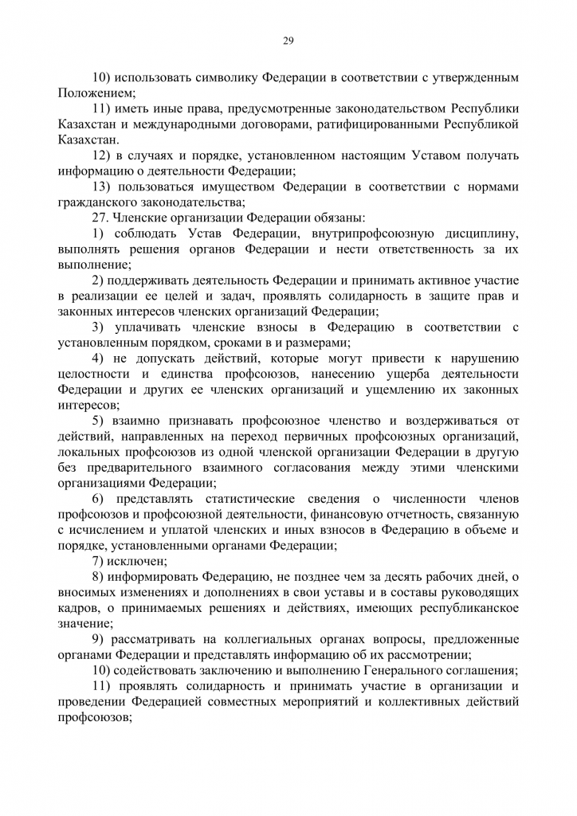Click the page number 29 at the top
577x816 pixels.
pyautogui.click(x=288, y=41)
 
